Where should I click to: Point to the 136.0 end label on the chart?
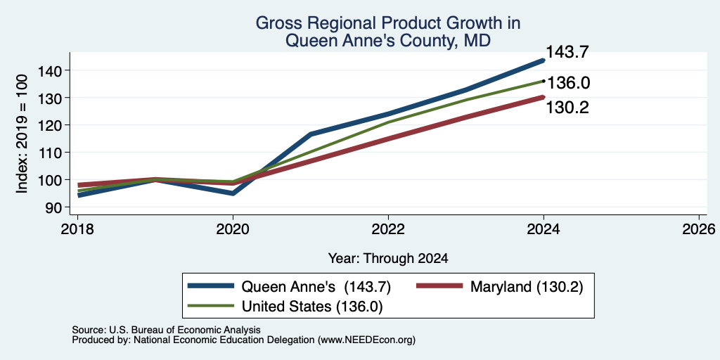click(568, 83)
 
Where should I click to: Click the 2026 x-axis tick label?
click(699, 229)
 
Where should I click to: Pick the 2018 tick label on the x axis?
click(77, 229)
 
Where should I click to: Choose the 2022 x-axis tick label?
click(388, 229)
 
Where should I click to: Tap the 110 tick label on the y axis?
click(51, 153)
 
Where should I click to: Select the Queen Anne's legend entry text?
click(316, 287)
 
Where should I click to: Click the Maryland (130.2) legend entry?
click(527, 287)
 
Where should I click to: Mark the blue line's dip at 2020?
click(233, 193)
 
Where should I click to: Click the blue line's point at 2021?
click(311, 134)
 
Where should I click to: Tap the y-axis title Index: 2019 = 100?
click(22, 134)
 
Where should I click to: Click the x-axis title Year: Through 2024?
click(388, 259)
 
